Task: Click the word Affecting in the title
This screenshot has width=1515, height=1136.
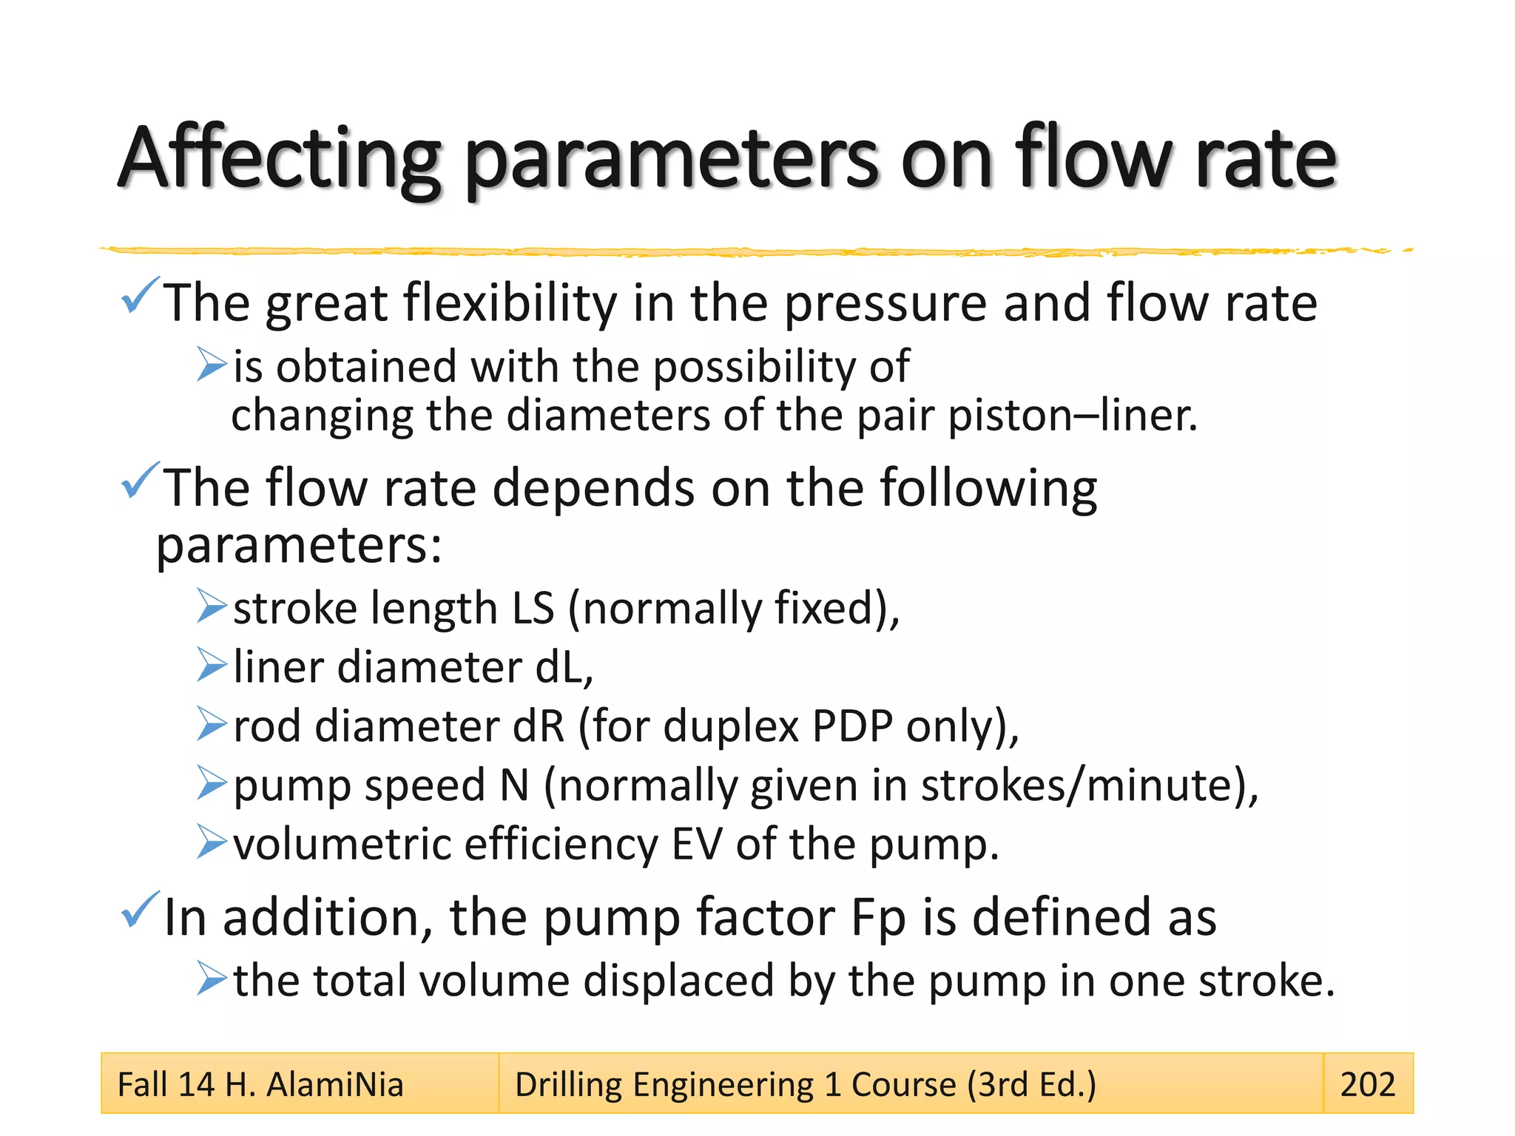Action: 280,158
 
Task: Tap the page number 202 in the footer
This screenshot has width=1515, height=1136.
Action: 1367,1084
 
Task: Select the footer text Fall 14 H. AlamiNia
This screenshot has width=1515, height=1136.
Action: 260,1085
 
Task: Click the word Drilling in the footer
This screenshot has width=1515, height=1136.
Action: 567,1085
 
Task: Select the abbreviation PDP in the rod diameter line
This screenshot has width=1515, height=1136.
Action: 852,726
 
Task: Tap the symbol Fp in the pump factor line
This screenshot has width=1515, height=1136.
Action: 878,917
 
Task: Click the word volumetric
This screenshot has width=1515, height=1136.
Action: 342,844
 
